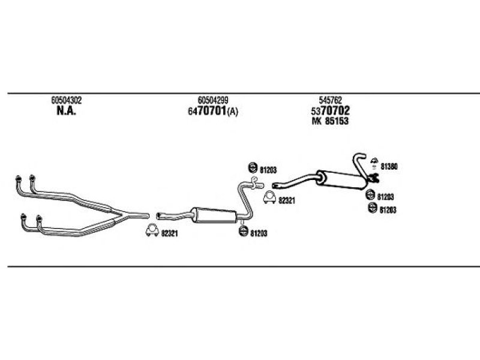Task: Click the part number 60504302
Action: tap(67, 100)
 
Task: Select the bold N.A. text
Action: tap(66, 111)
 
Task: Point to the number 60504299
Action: tap(213, 100)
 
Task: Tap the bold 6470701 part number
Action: tap(207, 111)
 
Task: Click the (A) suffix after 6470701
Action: tap(232, 112)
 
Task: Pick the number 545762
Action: tap(331, 100)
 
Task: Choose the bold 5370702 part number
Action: tap(331, 110)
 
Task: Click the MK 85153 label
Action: tap(330, 121)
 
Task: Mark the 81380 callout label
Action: tap(389, 167)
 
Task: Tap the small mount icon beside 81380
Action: tap(374, 163)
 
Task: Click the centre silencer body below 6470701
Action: tap(214, 215)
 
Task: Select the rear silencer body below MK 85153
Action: tap(341, 179)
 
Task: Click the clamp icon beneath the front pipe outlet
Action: tap(152, 230)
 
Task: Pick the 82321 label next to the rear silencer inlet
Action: tap(287, 200)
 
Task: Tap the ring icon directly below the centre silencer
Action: tap(244, 231)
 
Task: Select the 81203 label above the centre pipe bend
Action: tap(268, 170)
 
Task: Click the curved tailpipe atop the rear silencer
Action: tap(359, 164)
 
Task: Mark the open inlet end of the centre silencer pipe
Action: tap(158, 216)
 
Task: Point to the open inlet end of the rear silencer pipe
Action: tap(274, 185)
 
